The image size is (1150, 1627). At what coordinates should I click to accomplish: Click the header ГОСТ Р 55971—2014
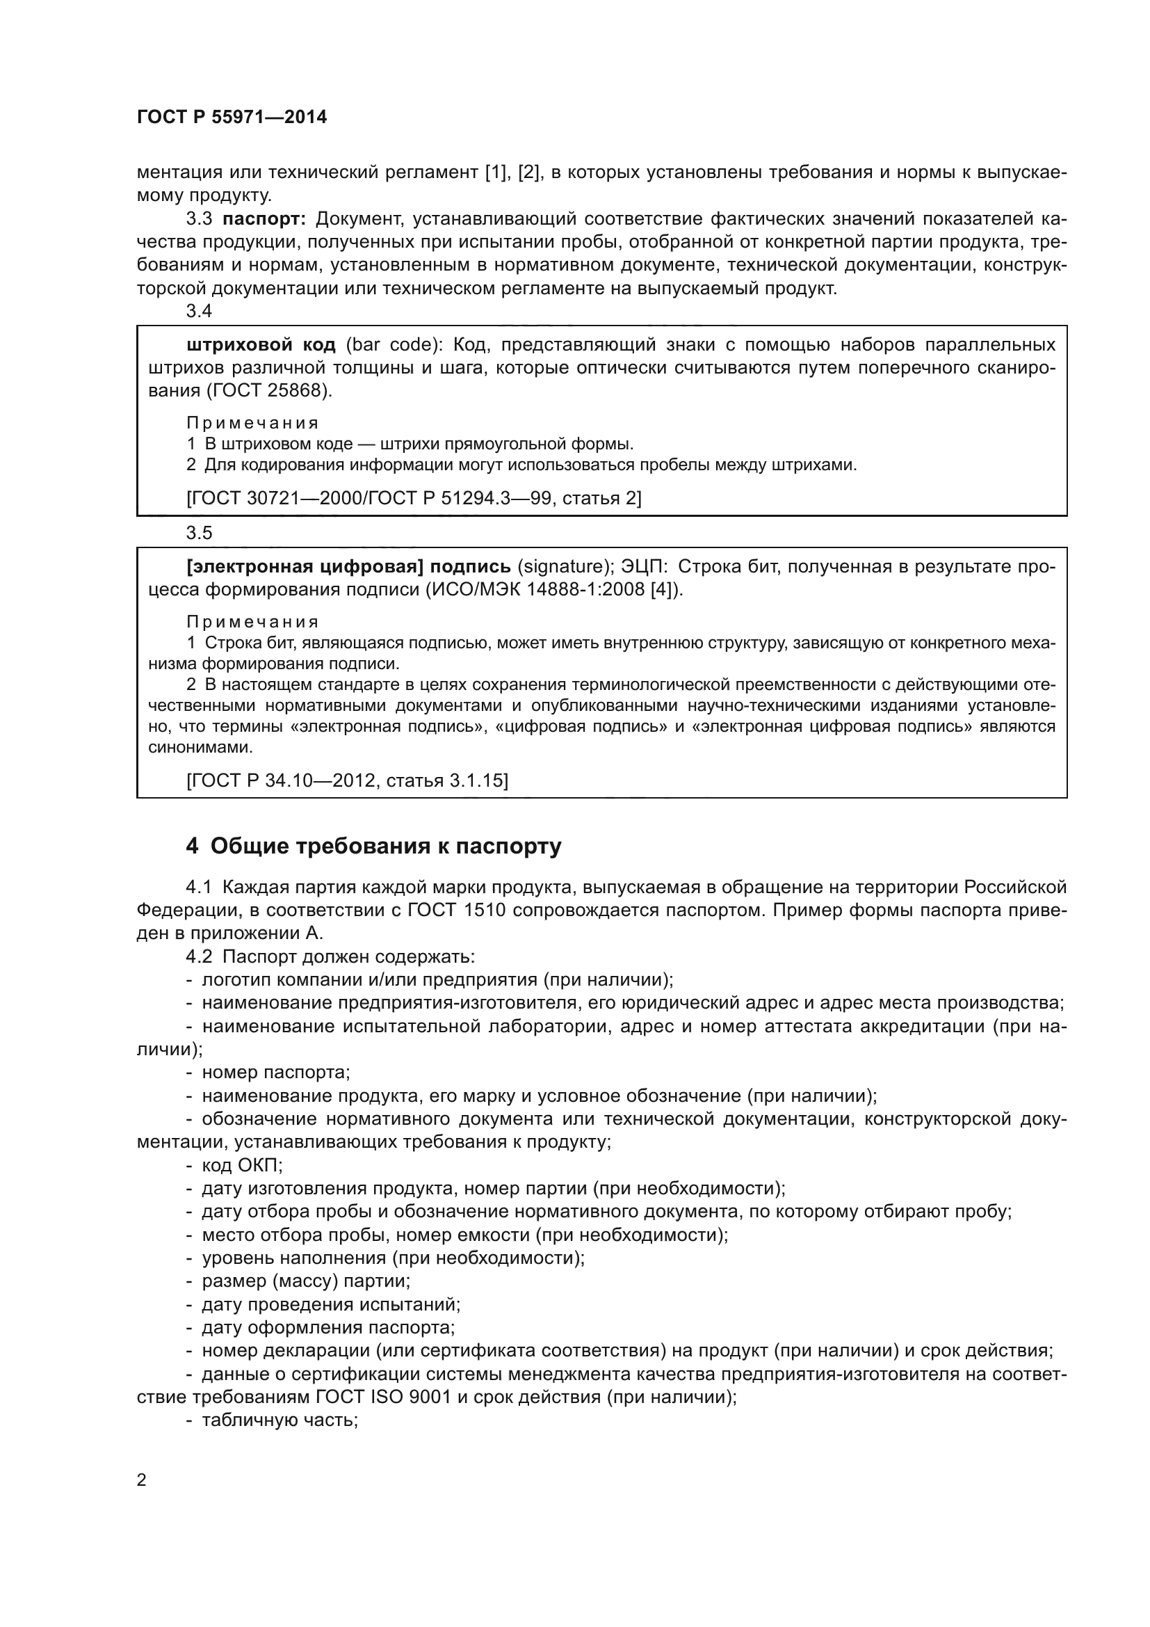tap(232, 117)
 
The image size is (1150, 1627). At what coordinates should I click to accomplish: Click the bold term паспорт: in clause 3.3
tap(264, 218)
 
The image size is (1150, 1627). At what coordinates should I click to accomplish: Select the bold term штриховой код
tap(261, 345)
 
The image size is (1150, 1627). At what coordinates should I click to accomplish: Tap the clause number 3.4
tap(199, 310)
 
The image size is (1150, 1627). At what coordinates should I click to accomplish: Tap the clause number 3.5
tap(199, 533)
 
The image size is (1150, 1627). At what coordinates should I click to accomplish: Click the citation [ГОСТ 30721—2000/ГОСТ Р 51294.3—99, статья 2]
tap(414, 498)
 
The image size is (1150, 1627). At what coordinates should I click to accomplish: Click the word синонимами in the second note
tap(200, 747)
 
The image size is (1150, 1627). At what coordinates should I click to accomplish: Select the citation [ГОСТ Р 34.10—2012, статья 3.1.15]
tap(347, 780)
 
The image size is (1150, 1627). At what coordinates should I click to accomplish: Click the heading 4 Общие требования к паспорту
tap(374, 845)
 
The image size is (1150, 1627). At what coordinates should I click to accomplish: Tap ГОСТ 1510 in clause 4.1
tap(456, 910)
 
